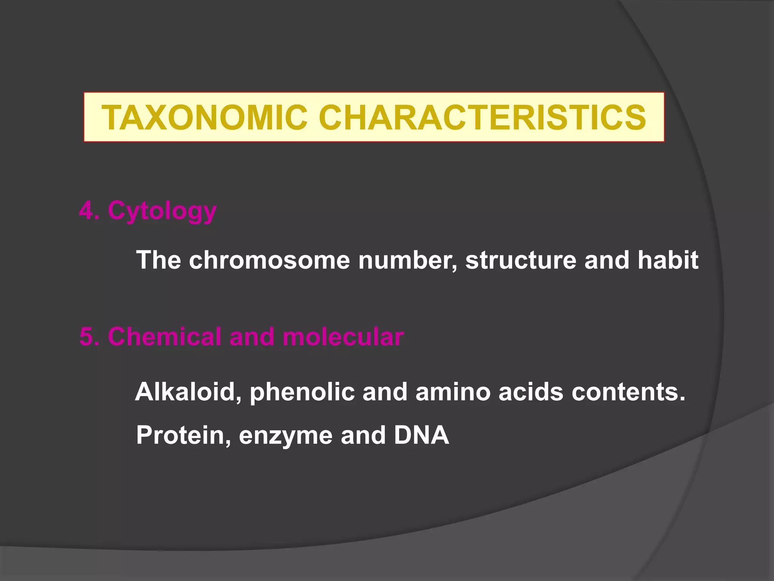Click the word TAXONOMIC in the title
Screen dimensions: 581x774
pos(204,117)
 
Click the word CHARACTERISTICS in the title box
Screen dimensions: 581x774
pos(482,117)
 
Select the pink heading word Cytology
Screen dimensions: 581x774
pos(162,211)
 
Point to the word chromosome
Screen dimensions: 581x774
pos(269,260)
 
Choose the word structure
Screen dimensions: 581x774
pos(520,260)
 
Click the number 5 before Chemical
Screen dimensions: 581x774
pos(87,337)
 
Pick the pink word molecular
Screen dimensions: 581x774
pos(343,337)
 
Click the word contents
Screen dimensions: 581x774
pos(628,392)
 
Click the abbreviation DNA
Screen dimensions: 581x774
pos(421,435)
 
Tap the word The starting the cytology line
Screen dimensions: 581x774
pos(158,260)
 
